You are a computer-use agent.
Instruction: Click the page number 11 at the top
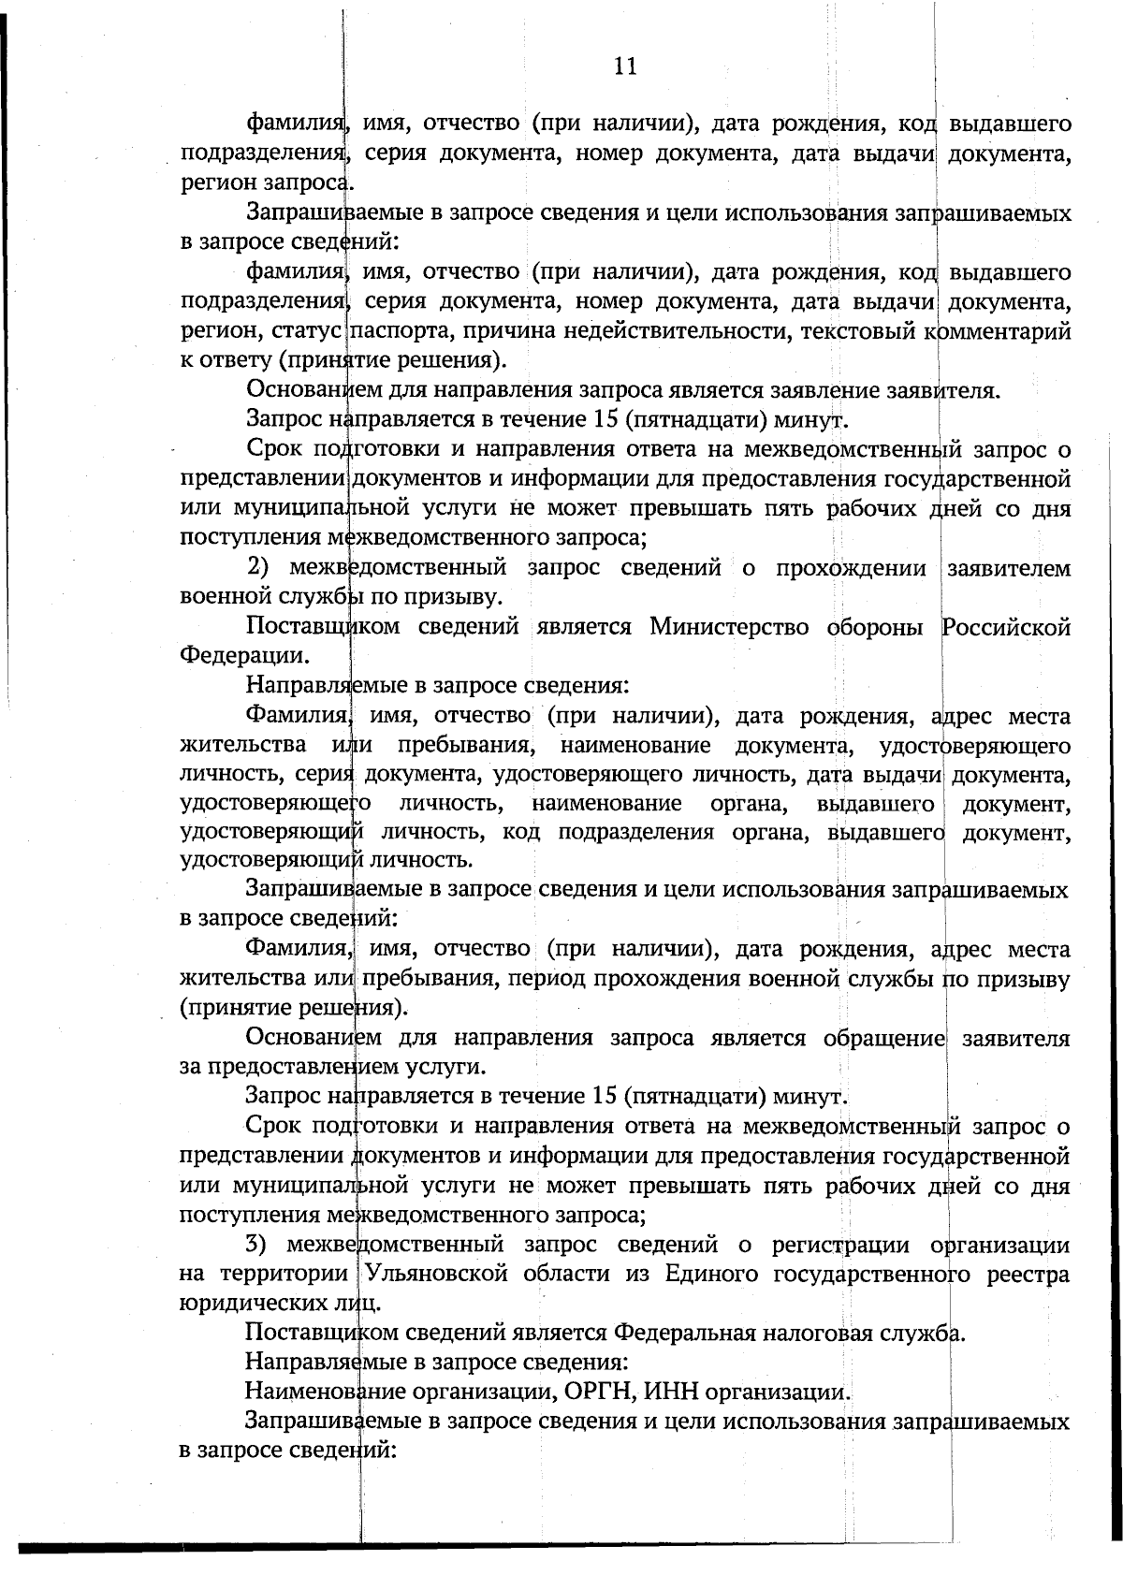625,66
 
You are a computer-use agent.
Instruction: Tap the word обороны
874,627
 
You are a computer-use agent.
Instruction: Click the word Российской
1005,627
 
